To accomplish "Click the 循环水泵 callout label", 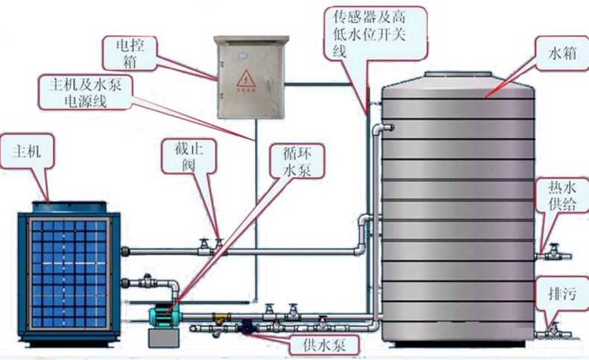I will click(296, 160).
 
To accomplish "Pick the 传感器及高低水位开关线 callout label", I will click(378, 32).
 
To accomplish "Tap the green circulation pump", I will click(163, 316).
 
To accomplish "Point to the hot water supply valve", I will click(553, 252).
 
